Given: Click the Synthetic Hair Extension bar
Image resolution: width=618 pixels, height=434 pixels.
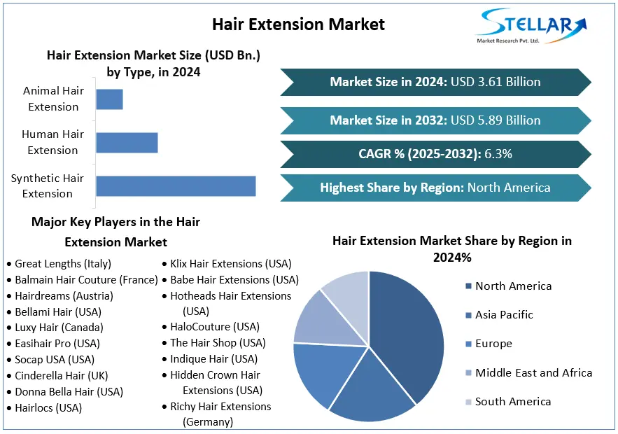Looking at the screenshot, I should [x=176, y=186].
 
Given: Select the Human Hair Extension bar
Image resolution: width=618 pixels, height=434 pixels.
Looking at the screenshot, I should [x=127, y=143].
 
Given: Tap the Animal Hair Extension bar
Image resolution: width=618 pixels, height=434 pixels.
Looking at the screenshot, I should [x=109, y=99].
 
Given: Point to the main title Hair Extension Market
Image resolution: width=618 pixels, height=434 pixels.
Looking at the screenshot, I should [x=298, y=24].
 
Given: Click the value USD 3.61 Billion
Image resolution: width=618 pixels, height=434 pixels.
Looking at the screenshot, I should [x=496, y=82].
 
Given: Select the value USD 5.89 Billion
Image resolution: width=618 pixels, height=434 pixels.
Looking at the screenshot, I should [x=496, y=120].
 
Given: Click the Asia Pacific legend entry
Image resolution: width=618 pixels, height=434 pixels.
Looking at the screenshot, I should [x=504, y=315].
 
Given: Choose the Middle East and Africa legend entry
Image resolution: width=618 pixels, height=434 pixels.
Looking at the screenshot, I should [x=533, y=373].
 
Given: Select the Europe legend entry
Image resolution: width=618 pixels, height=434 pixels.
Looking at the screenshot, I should [x=493, y=344].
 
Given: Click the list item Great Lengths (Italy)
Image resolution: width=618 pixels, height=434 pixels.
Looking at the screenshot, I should [x=63, y=264].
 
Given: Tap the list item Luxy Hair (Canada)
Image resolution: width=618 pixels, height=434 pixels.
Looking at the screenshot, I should [x=59, y=328].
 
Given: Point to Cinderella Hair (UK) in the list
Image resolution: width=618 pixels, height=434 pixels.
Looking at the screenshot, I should [x=62, y=376].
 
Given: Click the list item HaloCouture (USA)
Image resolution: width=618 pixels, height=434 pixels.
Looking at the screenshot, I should [x=214, y=327].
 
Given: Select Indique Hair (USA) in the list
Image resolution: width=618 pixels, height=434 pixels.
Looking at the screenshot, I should [x=213, y=359].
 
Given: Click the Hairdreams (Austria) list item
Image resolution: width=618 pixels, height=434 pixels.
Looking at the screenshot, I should [x=64, y=296].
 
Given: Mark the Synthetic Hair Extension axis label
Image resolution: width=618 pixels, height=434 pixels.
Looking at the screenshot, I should [x=48, y=186].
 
